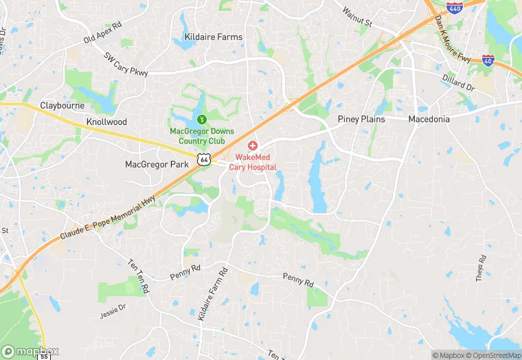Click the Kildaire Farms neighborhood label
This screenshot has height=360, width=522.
(214, 36)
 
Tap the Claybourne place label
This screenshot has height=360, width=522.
(63, 106)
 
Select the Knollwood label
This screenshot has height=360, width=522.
(106, 122)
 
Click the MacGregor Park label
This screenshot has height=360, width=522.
(157, 164)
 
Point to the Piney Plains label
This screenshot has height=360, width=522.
(361, 119)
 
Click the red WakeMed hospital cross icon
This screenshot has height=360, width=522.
(253, 146)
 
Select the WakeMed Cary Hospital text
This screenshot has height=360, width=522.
(251, 161)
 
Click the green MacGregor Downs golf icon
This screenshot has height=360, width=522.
(193, 120)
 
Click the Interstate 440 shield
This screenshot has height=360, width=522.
(454, 8)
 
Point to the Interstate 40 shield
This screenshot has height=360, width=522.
(488, 60)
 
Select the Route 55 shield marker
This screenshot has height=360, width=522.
(44, 357)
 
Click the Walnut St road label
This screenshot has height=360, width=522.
(357, 18)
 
